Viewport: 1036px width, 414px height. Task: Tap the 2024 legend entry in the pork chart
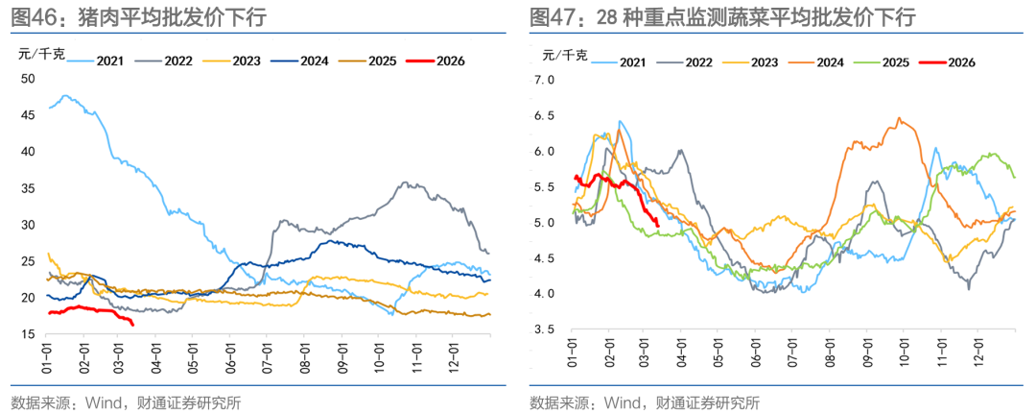click(313, 61)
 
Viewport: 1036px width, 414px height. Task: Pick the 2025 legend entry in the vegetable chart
click(894, 62)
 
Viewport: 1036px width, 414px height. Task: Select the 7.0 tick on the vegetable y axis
click(545, 80)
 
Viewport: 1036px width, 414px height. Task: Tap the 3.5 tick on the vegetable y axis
click(545, 329)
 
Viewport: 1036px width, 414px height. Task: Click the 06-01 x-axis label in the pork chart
click(230, 355)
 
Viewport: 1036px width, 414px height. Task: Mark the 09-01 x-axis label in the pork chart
click(341, 355)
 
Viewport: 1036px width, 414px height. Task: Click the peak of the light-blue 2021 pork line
click(65, 96)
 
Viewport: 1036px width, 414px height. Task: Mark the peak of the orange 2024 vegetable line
click(899, 118)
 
